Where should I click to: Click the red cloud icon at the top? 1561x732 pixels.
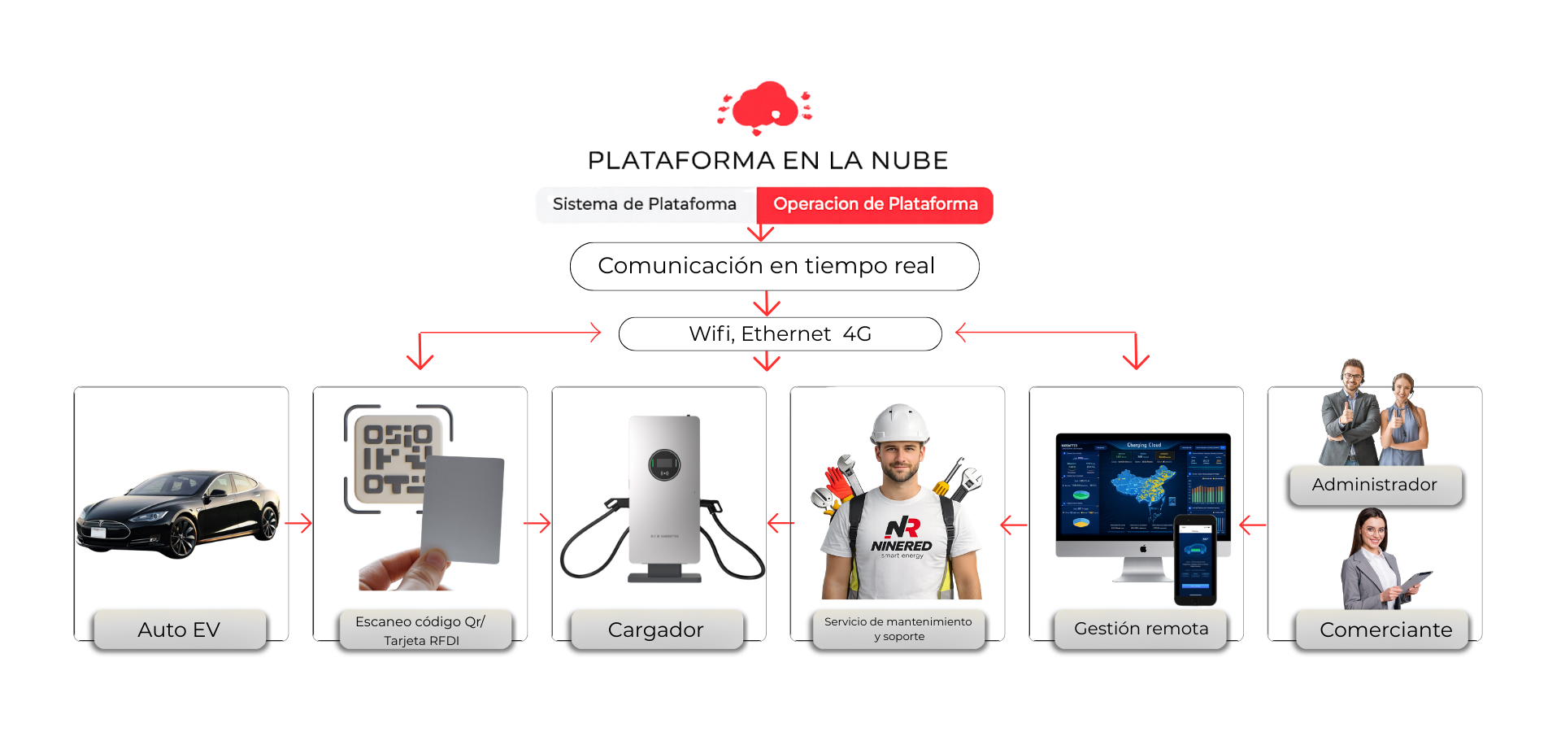click(764, 107)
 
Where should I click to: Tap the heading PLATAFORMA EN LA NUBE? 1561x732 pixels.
click(767, 160)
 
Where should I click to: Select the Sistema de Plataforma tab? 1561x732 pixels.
click(645, 204)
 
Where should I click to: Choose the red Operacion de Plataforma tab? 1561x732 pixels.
click(875, 204)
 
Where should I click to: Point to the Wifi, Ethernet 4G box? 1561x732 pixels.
click(780, 333)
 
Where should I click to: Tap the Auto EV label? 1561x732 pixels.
click(180, 630)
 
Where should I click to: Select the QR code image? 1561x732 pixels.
click(394, 455)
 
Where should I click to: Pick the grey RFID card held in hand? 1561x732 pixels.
click(463, 508)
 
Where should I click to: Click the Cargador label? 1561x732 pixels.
click(656, 630)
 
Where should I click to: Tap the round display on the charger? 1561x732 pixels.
click(664, 465)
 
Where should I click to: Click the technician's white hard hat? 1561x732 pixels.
click(899, 423)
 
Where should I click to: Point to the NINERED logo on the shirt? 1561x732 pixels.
click(902, 537)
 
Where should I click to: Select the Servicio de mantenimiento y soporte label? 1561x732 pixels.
click(898, 629)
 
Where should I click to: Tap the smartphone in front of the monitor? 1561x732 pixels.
click(1195, 560)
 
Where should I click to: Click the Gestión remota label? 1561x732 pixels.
click(1141, 629)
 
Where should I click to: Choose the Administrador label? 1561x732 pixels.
click(1375, 485)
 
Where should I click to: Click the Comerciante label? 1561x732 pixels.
click(1385, 630)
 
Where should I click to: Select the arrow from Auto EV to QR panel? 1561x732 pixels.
click(299, 523)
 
